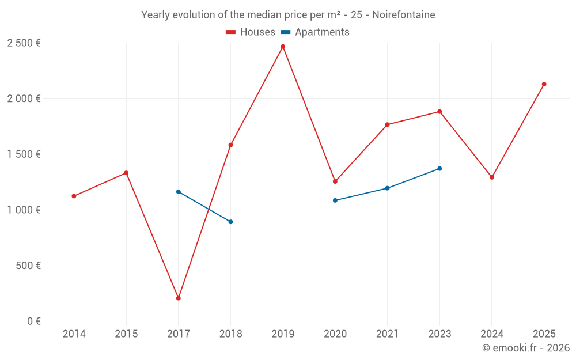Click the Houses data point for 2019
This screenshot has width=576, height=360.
pyautogui.click(x=283, y=47)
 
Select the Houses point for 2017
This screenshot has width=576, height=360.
pyautogui.click(x=179, y=298)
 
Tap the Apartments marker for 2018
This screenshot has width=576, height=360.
pyautogui.click(x=231, y=222)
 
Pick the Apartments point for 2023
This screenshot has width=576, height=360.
pyautogui.click(x=439, y=169)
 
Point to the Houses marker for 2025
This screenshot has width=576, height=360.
pyautogui.click(x=544, y=84)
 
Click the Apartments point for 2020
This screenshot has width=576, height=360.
pyautogui.click(x=335, y=200)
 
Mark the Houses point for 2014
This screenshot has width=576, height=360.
pyautogui.click(x=74, y=196)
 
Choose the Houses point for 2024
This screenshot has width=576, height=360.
pyautogui.click(x=492, y=177)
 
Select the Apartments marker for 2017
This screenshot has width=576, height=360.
pyautogui.click(x=179, y=192)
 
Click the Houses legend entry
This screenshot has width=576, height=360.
pyautogui.click(x=251, y=32)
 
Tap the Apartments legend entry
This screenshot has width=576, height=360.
pyautogui.click(x=315, y=32)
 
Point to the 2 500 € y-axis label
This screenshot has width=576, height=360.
pyautogui.click(x=24, y=43)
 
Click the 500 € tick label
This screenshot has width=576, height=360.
pyautogui.click(x=28, y=266)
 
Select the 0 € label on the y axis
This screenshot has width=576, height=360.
pyautogui.click(x=34, y=321)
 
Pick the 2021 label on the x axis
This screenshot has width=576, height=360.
pyautogui.click(x=387, y=334)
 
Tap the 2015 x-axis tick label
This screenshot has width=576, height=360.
pyautogui.click(x=126, y=334)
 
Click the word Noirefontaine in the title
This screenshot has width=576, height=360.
pyautogui.click(x=404, y=15)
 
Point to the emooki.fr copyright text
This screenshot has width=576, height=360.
pyautogui.click(x=526, y=347)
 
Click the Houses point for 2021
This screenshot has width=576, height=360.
pyautogui.click(x=387, y=125)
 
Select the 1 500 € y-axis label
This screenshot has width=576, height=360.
pyautogui.click(x=24, y=154)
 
